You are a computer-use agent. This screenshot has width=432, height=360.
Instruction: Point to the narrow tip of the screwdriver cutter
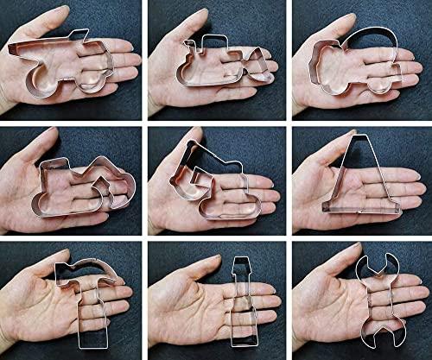pyautogui.click(x=238, y=262)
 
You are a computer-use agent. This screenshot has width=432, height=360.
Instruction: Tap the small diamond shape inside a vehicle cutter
pyautogui.click(x=102, y=186)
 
